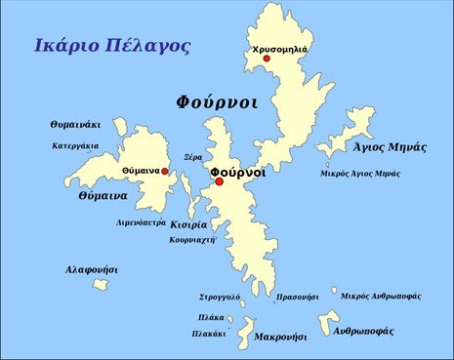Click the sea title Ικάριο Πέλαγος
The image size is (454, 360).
point(111,46)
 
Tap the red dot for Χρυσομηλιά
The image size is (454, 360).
point(266,59)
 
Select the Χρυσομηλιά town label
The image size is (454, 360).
point(279,48)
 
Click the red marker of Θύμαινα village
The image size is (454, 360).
point(165,172)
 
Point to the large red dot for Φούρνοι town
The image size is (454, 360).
point(220,181)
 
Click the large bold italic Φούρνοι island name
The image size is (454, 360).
point(217,101)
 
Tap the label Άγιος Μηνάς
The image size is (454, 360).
point(390,147)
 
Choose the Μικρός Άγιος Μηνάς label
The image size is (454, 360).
point(360,173)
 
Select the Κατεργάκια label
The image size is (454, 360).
point(75,146)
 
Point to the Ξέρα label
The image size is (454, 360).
point(193,156)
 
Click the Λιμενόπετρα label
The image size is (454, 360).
point(142,222)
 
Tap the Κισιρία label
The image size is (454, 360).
point(188,224)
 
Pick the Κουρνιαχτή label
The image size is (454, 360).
point(192,239)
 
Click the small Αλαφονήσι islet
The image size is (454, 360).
point(100,285)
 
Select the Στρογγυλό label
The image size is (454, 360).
point(221,296)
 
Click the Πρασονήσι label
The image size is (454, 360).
point(298,296)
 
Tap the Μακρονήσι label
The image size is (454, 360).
point(280,337)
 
